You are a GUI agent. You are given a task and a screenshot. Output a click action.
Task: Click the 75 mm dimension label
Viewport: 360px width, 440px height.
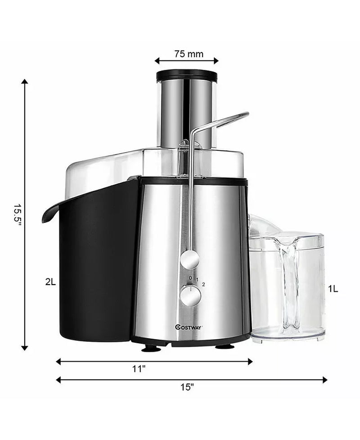[189, 54]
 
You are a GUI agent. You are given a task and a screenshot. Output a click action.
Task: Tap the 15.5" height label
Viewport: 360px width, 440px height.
[17, 216]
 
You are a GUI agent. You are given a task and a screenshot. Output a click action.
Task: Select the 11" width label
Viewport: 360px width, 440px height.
[139, 369]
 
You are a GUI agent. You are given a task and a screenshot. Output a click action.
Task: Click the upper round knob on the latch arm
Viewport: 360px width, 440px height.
[190, 260]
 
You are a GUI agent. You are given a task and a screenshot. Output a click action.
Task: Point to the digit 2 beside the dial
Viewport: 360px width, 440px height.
[203, 284]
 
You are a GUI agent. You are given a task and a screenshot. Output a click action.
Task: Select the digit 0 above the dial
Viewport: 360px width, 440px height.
[190, 278]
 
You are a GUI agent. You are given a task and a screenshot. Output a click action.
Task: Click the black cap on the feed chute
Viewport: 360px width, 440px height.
[186, 75]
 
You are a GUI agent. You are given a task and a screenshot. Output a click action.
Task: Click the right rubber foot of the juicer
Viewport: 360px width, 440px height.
[224, 346]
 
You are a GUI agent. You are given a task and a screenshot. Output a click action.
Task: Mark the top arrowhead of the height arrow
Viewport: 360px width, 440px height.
[25, 82]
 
